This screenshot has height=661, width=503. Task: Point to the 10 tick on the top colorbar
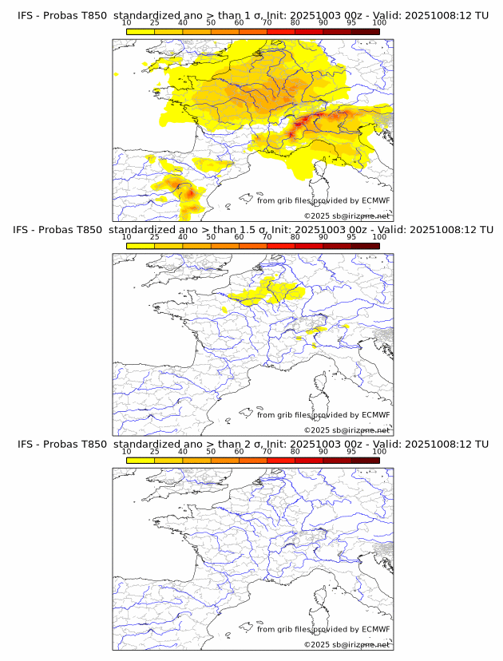point(126,23)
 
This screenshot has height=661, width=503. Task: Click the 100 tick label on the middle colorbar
point(379,237)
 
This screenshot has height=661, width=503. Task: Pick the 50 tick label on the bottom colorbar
point(211,451)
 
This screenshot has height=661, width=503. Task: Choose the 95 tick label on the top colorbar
point(351,23)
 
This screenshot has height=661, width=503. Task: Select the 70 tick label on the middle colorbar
point(267,237)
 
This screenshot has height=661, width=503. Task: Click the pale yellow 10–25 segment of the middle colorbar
point(141,246)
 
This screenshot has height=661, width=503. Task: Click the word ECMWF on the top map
point(376,200)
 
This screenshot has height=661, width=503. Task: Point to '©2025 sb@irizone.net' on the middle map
point(347,430)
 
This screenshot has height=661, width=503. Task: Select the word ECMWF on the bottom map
point(376,629)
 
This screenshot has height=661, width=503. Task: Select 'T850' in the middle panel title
point(90,230)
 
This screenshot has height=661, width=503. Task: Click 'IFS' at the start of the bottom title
point(26,444)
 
